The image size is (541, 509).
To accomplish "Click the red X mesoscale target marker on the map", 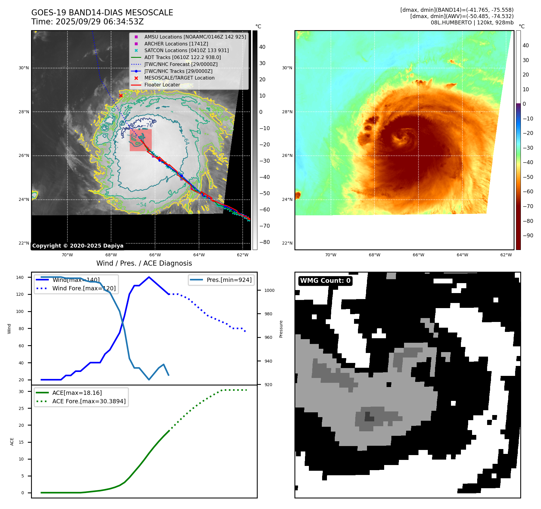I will coord(121,96).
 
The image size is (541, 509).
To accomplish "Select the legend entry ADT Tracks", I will coord(182,57).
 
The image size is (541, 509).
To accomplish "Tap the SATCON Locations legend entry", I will coord(186,50).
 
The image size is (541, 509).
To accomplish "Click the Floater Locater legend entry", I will coord(162,85).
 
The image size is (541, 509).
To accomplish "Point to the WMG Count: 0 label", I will coord(325,281).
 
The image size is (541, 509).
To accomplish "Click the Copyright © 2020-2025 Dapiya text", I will coord(78,246).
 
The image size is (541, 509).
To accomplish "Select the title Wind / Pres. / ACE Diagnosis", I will coord(144,263).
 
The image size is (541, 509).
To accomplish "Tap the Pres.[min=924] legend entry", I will coord(229,280).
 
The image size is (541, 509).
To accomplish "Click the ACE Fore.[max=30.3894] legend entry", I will coord(89,401).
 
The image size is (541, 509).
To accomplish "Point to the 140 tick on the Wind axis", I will coord(20,277).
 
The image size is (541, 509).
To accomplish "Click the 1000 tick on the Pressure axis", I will coord(269,290).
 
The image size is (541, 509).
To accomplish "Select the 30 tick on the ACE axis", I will coord(21,392).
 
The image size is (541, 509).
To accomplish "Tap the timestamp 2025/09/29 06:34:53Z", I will coord(100,22).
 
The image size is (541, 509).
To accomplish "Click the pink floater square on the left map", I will coord(141,140).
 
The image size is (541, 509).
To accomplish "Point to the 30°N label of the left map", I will coord(24,68).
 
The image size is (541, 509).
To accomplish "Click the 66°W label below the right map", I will coord(418,255).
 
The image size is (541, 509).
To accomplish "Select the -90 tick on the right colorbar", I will coord(528,236).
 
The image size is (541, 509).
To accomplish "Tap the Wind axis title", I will coord(9,329).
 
